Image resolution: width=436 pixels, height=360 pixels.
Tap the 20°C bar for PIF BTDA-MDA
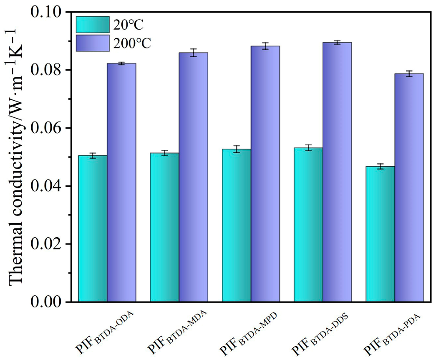(x=164, y=227)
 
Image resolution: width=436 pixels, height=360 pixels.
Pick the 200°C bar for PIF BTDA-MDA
(x=193, y=177)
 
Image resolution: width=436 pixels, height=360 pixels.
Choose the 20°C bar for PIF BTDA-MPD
(x=236, y=226)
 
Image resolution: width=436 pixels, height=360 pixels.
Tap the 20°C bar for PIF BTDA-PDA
(x=380, y=234)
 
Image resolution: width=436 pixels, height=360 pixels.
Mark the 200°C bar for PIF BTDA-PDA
(x=409, y=188)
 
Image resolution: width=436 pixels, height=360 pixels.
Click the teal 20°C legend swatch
(x=92, y=25)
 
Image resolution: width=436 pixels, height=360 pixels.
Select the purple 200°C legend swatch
(x=92, y=43)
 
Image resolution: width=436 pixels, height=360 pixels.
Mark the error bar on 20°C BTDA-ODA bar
(x=93, y=156)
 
